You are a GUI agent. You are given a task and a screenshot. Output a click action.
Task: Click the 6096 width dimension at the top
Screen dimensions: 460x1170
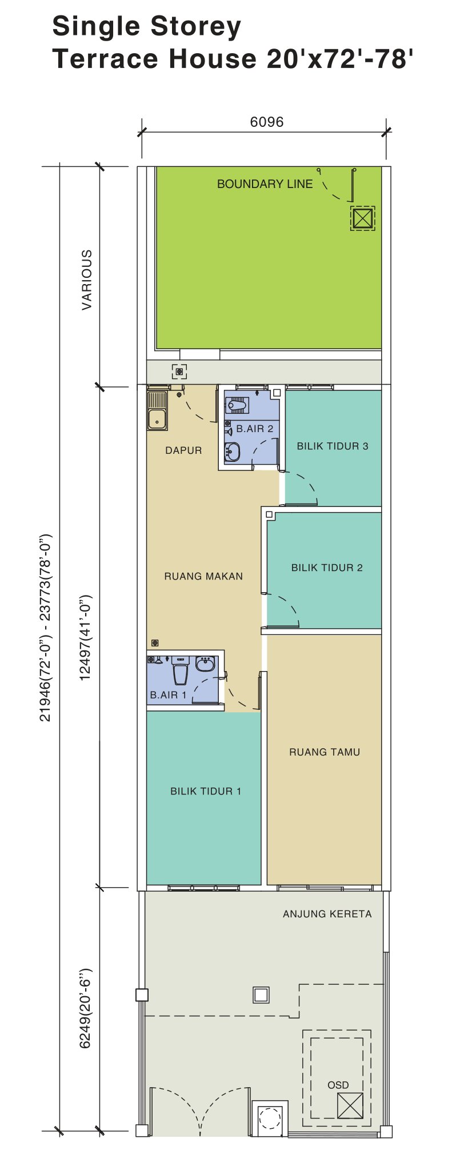click(267, 122)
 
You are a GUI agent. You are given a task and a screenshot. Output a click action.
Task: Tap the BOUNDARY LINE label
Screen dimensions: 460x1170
click(265, 184)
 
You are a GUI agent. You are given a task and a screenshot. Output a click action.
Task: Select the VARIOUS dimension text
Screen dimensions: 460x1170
click(86, 279)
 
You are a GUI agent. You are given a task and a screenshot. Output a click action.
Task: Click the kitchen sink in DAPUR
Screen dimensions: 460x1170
click(157, 410)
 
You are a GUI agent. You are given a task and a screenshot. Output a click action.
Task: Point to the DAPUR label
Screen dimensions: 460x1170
click(183, 450)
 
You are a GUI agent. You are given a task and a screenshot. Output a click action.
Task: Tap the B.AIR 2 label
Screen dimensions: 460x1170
click(255, 429)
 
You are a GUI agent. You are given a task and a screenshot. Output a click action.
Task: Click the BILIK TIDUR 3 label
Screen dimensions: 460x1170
click(333, 446)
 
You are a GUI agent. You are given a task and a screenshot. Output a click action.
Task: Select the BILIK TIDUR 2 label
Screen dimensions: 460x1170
click(327, 568)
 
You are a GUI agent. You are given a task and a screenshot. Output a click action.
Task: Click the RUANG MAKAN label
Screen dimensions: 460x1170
click(203, 576)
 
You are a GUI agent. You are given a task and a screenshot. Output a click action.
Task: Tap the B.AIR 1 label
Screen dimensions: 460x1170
click(169, 695)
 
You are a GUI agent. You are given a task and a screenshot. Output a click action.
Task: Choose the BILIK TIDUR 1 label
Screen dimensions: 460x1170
click(206, 791)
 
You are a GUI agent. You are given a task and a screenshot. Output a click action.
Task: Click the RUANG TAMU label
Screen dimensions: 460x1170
click(325, 752)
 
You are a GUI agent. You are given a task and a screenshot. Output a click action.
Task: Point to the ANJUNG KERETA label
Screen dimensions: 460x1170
click(327, 914)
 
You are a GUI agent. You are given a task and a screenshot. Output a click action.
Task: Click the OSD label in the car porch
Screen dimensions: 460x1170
click(338, 1085)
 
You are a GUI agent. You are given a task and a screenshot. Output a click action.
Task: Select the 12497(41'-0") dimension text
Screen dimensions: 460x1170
click(85, 638)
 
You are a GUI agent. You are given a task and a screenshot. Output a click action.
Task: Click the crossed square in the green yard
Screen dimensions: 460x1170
click(363, 218)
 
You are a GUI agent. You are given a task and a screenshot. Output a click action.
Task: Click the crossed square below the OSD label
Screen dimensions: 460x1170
click(350, 1105)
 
